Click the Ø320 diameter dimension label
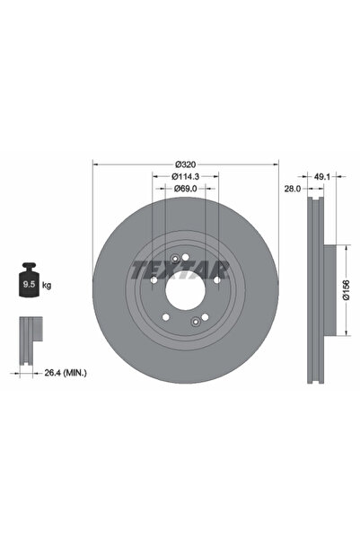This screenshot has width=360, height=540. [186, 164]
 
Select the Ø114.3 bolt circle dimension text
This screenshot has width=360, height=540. [186, 177]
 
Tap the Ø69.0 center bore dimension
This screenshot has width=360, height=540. [185, 189]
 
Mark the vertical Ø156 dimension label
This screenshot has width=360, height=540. [348, 290]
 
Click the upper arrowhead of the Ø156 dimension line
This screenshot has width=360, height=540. [341, 249]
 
